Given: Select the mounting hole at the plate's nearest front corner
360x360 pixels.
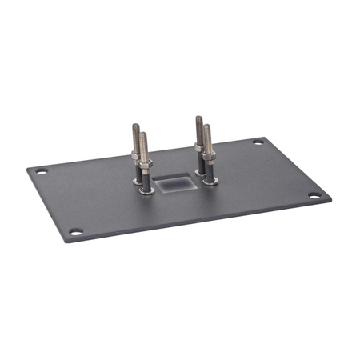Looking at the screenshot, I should coord(76,232).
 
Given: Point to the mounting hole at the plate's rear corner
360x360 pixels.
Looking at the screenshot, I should coord(258,142).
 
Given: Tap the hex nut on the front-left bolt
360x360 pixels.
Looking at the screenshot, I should coord(144,166).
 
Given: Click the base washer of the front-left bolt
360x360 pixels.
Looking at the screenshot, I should coord(145,191).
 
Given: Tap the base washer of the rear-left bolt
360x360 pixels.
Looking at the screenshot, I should coord(138,181).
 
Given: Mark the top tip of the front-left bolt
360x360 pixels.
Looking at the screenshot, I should coord(143,134).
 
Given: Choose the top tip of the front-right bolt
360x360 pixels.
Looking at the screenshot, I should coord(206,126).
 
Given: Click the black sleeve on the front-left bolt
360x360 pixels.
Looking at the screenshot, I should coord(145,180).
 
